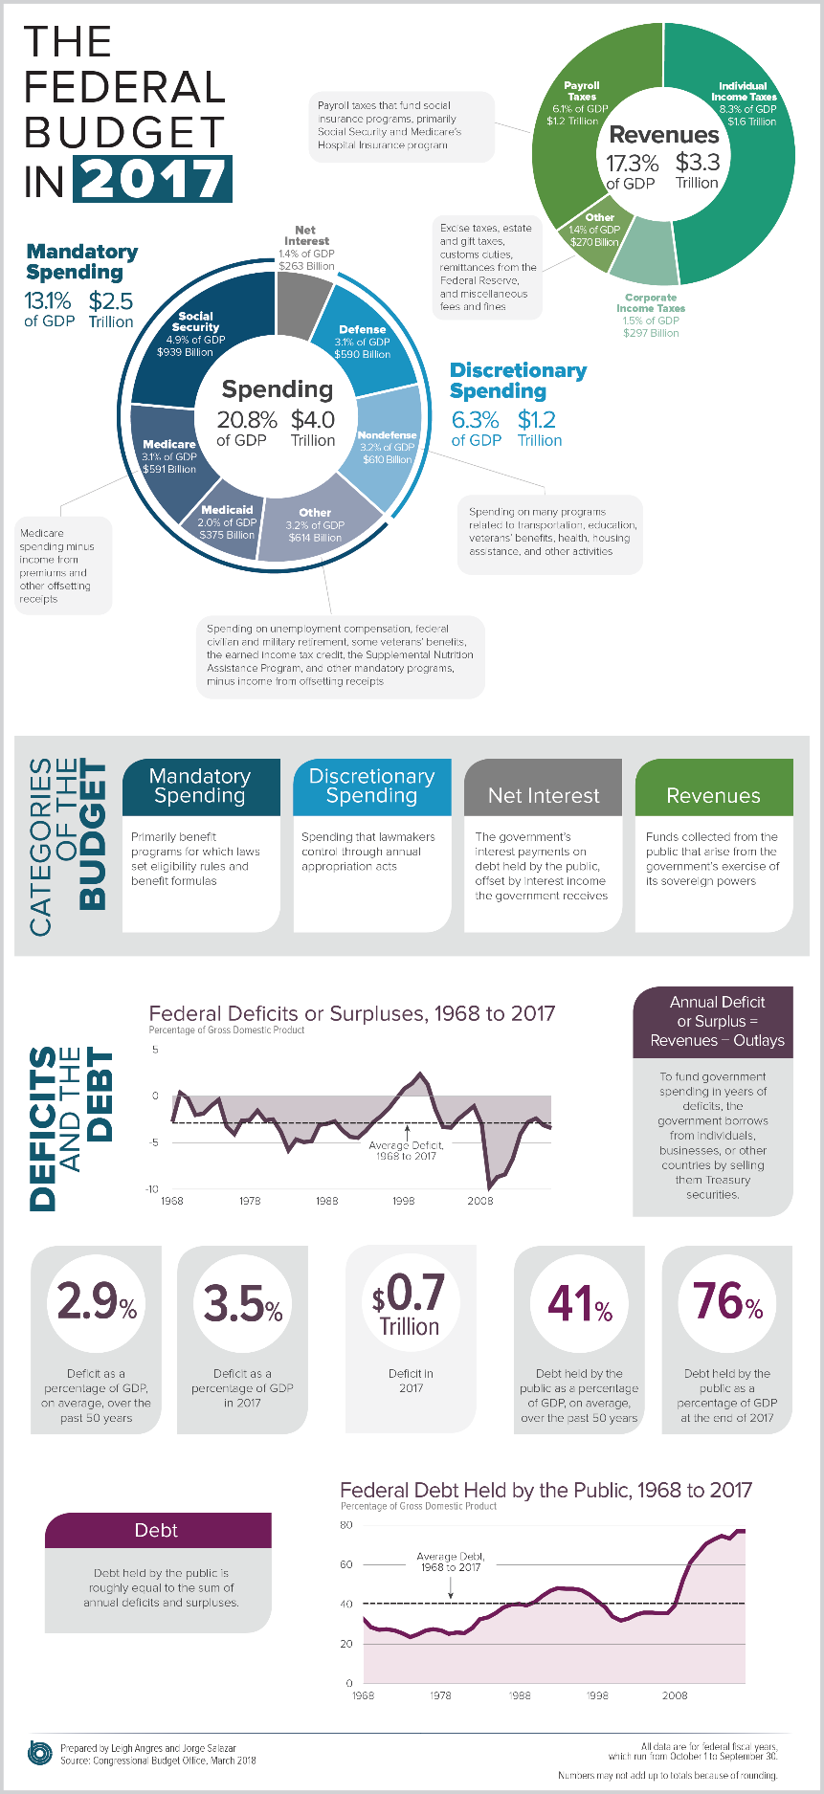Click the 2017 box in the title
(154, 178)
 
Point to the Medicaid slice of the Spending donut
(228, 520)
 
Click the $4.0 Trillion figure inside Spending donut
(313, 428)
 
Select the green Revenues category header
(714, 795)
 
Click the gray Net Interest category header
(543, 795)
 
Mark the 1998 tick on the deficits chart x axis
(404, 1200)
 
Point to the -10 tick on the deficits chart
(152, 1188)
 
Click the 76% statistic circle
(727, 1303)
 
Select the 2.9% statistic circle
(97, 1303)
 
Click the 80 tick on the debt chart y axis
(346, 1524)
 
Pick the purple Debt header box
(158, 1530)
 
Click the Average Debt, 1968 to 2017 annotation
(450, 1561)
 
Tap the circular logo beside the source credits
(39, 1753)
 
